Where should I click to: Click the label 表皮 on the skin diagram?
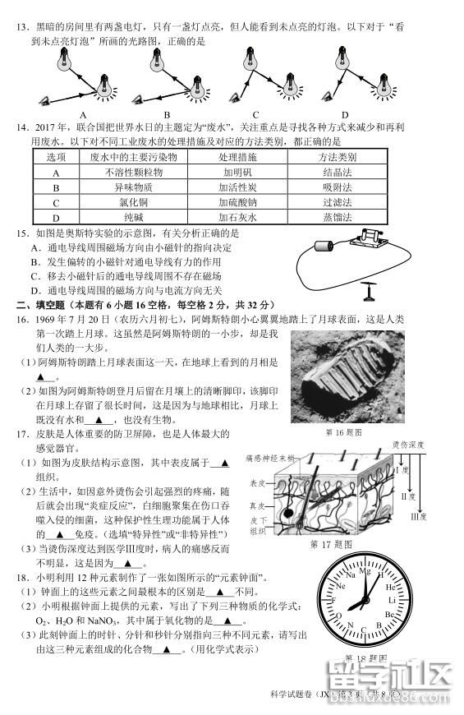tap(259, 484)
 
